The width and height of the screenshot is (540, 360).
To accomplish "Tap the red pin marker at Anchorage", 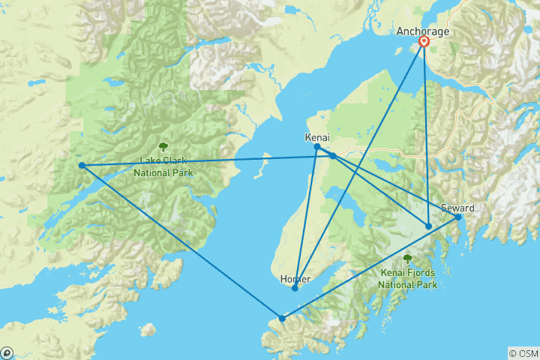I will click(x=424, y=42).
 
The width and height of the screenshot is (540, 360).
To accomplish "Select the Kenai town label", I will click(x=317, y=138).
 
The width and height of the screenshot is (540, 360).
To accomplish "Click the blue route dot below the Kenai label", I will click(x=317, y=147).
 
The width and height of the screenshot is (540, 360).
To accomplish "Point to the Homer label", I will click(x=295, y=279).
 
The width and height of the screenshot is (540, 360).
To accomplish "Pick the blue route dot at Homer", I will click(x=295, y=288).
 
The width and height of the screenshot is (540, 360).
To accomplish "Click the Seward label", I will click(x=457, y=208).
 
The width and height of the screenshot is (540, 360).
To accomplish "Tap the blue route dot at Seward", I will click(x=457, y=217).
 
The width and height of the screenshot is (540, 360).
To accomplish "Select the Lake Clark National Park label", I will click(x=163, y=166).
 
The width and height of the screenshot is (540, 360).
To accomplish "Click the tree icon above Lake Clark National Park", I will click(x=163, y=146).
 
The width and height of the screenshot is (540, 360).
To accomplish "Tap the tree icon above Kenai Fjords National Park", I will click(x=407, y=259).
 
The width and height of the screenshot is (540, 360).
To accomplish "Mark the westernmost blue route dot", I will click(x=81, y=165).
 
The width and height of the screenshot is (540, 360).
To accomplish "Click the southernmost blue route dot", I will click(x=282, y=318).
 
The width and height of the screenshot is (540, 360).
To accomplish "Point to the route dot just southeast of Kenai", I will click(x=332, y=155).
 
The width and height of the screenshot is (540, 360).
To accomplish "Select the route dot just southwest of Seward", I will click(x=428, y=226).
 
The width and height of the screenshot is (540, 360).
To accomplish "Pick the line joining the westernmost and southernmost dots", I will click(x=181, y=241).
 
